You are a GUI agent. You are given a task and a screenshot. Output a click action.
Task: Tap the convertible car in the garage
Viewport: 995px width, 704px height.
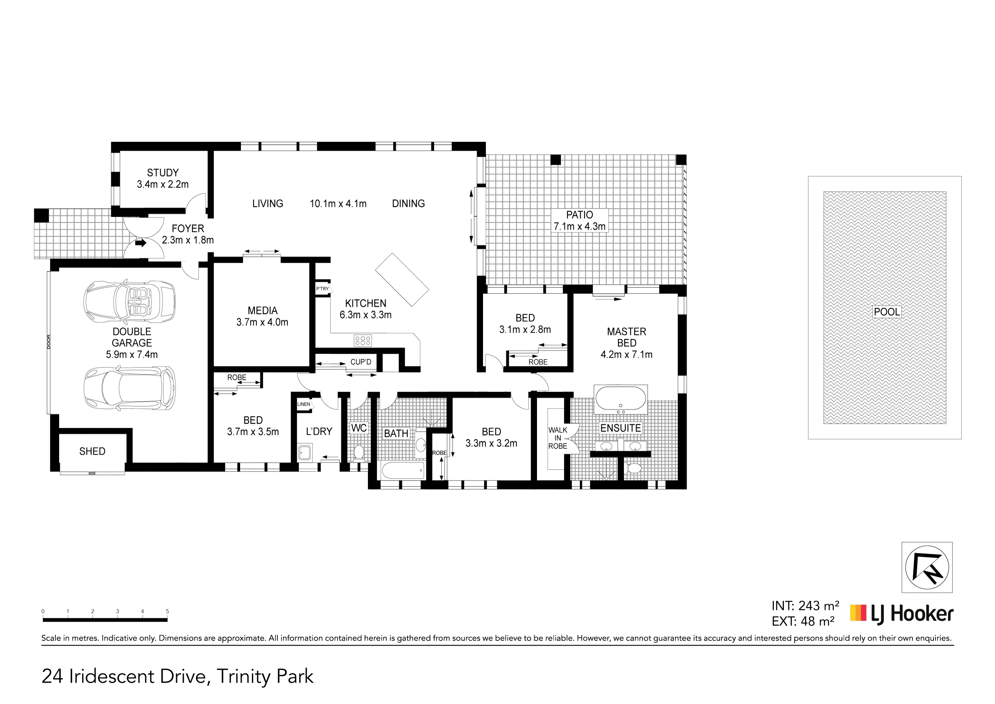pyautogui.click(x=129, y=302)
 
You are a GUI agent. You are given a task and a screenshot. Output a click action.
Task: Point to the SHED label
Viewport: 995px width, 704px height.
pyautogui.click(x=92, y=451)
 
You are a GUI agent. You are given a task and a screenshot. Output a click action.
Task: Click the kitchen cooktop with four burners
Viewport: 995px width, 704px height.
pyautogui.click(x=363, y=340)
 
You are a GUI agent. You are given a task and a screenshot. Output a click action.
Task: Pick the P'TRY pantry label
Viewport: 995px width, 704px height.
pyautogui.click(x=322, y=289)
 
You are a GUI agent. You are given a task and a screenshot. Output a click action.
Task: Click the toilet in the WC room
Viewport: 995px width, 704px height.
pyautogui.click(x=358, y=453)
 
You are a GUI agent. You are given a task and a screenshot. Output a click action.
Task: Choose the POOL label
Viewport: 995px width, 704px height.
pyautogui.click(x=887, y=312)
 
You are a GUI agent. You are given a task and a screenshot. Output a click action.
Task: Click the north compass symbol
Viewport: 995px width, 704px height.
pyautogui.click(x=927, y=567)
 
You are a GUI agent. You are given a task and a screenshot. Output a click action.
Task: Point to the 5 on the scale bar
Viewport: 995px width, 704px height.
pyautogui.click(x=167, y=611)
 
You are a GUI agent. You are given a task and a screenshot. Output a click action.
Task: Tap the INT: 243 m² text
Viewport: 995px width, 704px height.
pyautogui.click(x=805, y=606)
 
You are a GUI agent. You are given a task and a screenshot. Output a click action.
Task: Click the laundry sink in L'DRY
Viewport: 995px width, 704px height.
pyautogui.click(x=305, y=452)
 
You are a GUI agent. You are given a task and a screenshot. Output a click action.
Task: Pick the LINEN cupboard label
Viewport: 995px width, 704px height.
pyautogui.click(x=304, y=404)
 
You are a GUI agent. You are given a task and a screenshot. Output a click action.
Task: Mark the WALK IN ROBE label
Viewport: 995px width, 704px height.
pyautogui.click(x=558, y=438)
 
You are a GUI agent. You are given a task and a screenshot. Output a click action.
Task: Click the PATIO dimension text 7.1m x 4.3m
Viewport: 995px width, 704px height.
pyautogui.click(x=579, y=226)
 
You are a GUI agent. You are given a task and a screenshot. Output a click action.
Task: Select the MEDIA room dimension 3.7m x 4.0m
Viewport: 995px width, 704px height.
pyautogui.click(x=262, y=322)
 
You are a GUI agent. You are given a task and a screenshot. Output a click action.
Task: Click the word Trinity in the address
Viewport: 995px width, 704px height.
pyautogui.click(x=243, y=677)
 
